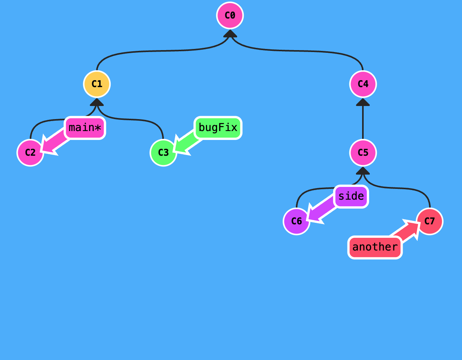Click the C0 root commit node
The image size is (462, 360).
(230, 15)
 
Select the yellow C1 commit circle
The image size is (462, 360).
(97, 84)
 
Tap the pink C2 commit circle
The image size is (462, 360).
(30, 153)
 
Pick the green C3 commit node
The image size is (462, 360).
(164, 153)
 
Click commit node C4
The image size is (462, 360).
(363, 84)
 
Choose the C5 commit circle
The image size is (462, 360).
(363, 153)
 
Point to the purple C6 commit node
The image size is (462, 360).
(297, 221)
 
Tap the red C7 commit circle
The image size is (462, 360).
(430, 221)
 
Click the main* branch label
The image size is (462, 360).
(85, 128)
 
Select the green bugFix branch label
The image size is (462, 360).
(218, 128)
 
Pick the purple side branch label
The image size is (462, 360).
(351, 196)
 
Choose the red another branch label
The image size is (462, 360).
(375, 247)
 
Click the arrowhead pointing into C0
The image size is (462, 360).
(230, 34)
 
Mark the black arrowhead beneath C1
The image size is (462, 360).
(97, 102)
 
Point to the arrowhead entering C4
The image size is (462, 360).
(363, 102)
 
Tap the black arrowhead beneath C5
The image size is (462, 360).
(363, 171)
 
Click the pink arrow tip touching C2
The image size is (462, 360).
(46, 148)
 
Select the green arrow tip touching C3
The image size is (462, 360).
(179, 148)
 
